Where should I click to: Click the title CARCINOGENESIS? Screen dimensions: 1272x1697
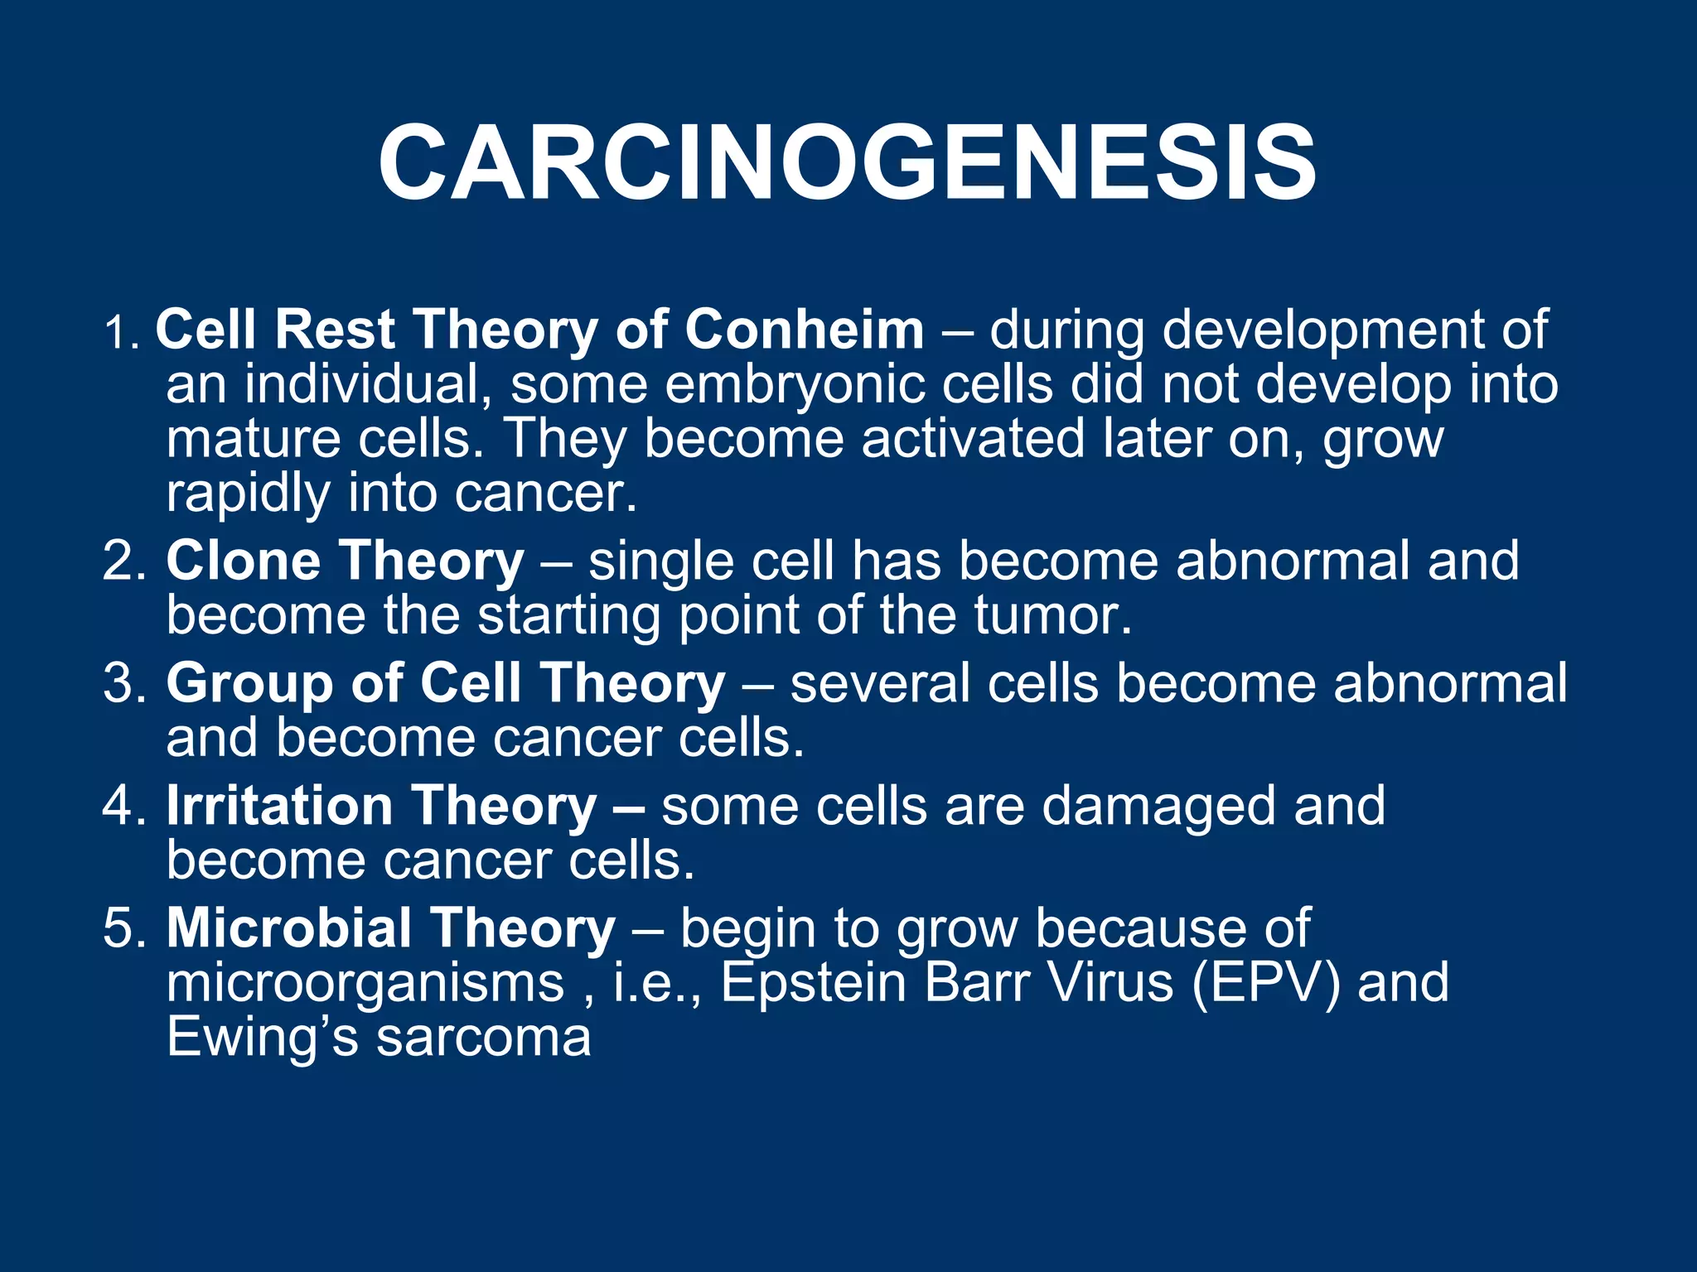(x=847, y=162)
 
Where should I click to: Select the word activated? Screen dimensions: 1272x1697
(x=972, y=439)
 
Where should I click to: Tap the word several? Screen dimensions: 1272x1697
(x=879, y=683)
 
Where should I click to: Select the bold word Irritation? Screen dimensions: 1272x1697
(x=279, y=806)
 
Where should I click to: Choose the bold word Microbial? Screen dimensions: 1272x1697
(x=288, y=927)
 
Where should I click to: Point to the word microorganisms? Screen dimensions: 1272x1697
(x=365, y=984)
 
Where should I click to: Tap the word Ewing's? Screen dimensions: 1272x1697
(x=262, y=1038)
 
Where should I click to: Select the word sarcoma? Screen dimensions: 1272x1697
(x=484, y=1038)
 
